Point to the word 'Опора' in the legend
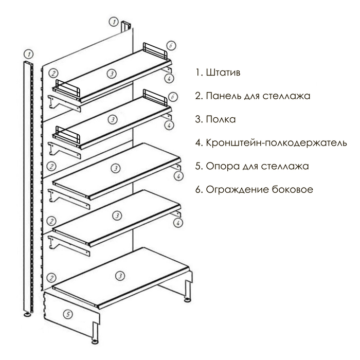point(221,167)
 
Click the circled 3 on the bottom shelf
point(120,276)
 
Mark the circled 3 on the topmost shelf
point(112,74)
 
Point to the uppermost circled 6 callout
point(172,46)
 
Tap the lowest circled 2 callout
point(51,278)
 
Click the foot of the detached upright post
point(26,313)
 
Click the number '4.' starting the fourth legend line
point(200,143)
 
